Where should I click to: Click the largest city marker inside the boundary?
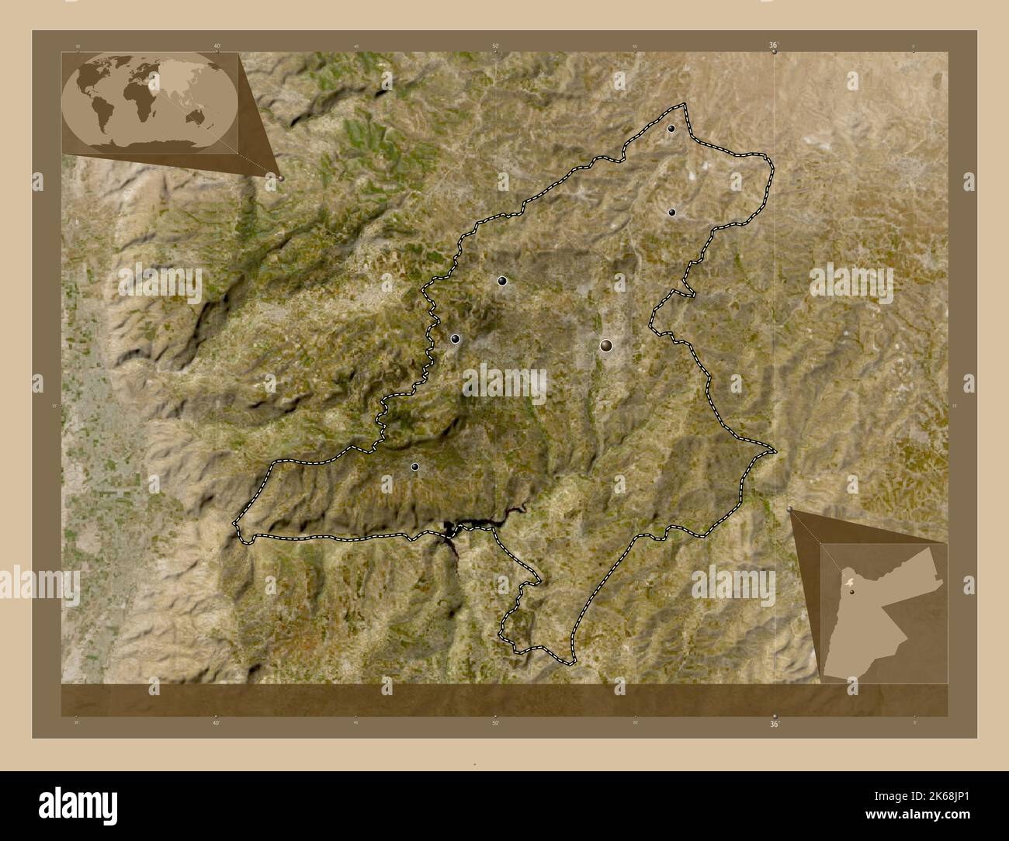(x=606, y=345)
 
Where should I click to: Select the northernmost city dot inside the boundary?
(x=671, y=129)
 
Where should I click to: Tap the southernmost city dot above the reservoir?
(x=415, y=466)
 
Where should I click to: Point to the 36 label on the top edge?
(x=773, y=46)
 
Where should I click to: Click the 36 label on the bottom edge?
(x=773, y=724)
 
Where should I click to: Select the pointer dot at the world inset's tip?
(x=281, y=178)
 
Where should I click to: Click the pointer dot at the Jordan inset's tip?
(x=790, y=509)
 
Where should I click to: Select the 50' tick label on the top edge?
(x=495, y=47)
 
